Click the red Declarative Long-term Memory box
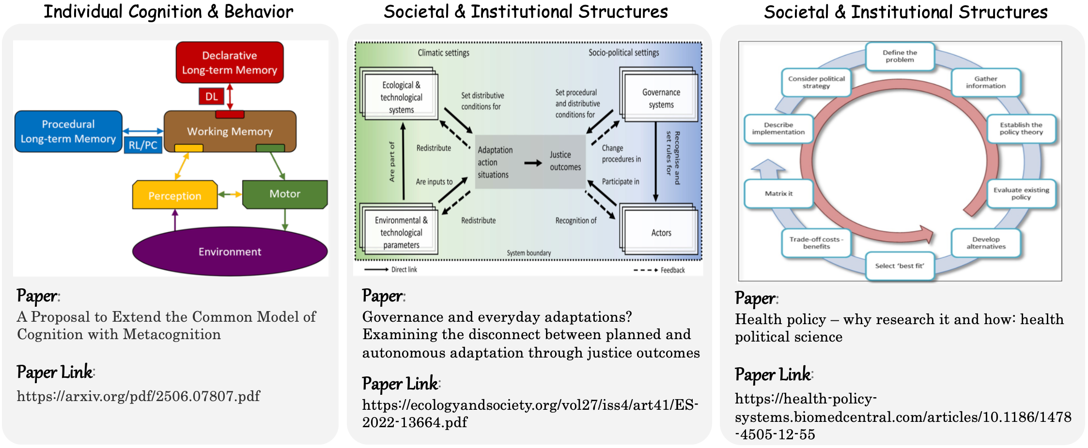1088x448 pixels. tap(230, 62)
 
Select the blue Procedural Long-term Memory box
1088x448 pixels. tap(68, 132)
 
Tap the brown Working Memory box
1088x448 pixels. tap(230, 131)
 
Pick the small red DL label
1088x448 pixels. tap(211, 96)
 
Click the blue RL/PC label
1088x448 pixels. tap(143, 145)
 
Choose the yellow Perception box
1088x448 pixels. tap(174, 195)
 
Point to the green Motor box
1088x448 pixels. tap(285, 194)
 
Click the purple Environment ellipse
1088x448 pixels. tap(230, 252)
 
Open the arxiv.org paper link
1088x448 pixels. tap(139, 396)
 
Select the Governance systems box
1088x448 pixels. tap(661, 98)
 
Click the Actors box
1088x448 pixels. tap(661, 233)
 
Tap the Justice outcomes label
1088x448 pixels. tap(565, 161)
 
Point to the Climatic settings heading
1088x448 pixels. tap(443, 53)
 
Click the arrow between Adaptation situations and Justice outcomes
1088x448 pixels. tap(533, 163)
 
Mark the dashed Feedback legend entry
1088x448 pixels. tap(659, 270)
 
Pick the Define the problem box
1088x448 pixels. tap(900, 57)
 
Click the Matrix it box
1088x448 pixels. tap(778, 194)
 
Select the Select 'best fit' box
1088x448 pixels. tap(900, 266)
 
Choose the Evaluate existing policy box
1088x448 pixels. tap(1021, 194)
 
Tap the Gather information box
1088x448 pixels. tap(985, 82)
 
